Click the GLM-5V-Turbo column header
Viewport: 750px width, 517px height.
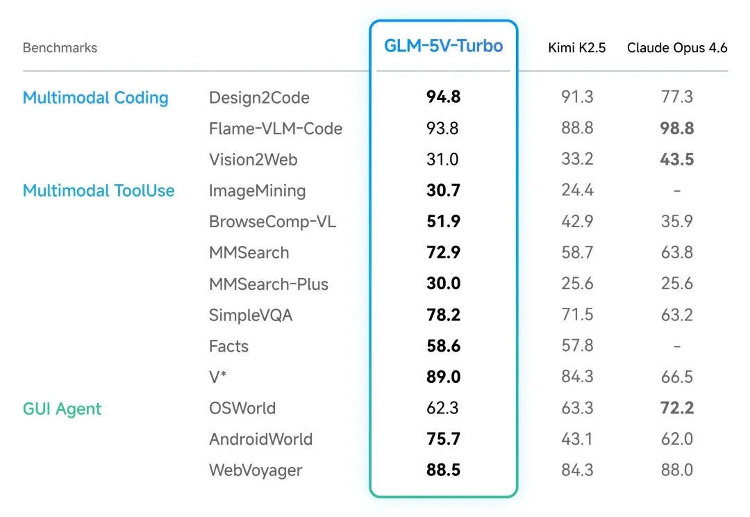click(443, 47)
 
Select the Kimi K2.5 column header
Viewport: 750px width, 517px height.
click(577, 48)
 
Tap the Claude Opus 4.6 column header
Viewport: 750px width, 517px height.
click(677, 48)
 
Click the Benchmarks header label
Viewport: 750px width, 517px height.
click(60, 48)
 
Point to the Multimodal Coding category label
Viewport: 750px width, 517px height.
click(96, 98)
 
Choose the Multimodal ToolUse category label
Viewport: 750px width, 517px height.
click(99, 191)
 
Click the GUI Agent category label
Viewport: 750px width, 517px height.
click(62, 409)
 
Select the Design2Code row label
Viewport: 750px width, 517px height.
click(259, 98)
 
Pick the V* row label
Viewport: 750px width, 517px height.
click(218, 377)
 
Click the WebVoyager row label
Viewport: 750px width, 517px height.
click(256, 470)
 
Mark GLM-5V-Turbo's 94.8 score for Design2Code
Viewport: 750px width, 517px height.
click(443, 98)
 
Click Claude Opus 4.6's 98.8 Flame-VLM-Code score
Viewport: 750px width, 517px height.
click(677, 129)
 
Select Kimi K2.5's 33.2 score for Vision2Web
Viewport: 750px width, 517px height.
click(577, 160)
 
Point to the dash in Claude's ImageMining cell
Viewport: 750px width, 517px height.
click(677, 191)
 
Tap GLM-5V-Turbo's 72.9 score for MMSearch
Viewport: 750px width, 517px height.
click(443, 253)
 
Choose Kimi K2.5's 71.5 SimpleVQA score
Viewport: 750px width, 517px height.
click(577, 315)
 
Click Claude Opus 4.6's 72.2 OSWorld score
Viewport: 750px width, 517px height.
click(677, 409)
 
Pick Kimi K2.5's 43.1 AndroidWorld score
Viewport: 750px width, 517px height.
click(577, 439)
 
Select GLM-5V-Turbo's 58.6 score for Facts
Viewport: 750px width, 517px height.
click(443, 346)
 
